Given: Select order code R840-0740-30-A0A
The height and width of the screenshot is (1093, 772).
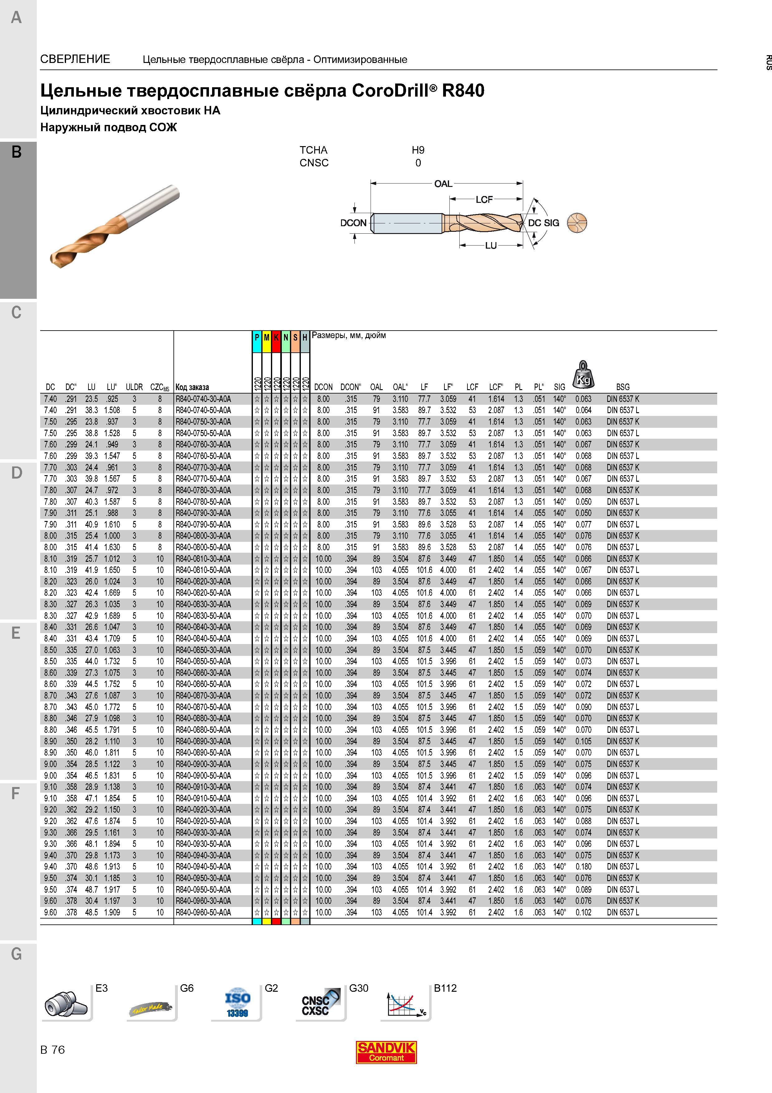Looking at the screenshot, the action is pyautogui.click(x=203, y=399).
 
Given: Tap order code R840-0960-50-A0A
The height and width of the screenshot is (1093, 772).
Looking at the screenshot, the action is pyautogui.click(x=203, y=912).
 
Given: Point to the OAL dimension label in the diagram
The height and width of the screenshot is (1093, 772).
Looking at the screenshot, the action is pyautogui.click(x=443, y=184).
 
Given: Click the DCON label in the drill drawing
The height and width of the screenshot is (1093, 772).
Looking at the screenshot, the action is pyautogui.click(x=353, y=223).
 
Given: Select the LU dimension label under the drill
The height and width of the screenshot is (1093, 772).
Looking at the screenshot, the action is pyautogui.click(x=491, y=246).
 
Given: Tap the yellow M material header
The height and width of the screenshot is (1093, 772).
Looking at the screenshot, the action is pyautogui.click(x=266, y=337).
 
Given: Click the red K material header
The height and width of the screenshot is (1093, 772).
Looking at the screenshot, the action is pyautogui.click(x=276, y=337).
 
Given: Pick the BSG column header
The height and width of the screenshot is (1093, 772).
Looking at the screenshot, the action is pyautogui.click(x=623, y=387).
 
